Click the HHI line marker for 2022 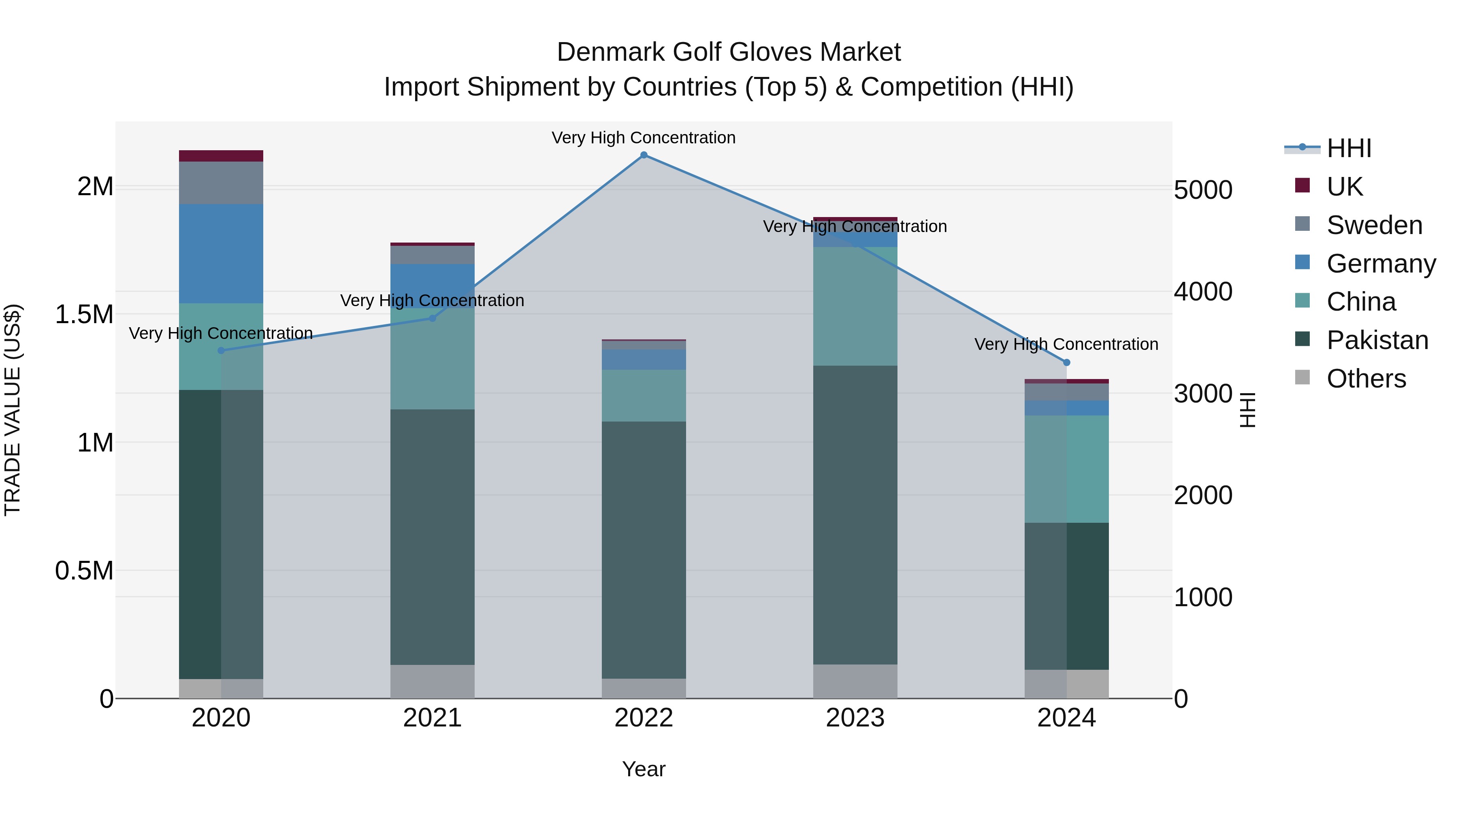[644, 155]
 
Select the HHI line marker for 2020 [221, 350]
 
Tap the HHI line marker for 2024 [1066, 362]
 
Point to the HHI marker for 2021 [433, 318]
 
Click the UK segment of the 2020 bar [221, 156]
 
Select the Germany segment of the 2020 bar [221, 253]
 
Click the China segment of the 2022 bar [644, 396]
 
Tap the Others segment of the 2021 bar [433, 682]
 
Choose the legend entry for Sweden [1374, 225]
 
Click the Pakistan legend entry [1377, 340]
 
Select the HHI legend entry [1348, 148]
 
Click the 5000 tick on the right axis [1203, 190]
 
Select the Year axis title [644, 769]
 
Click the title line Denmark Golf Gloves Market [729, 52]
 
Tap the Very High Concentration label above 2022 [644, 138]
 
